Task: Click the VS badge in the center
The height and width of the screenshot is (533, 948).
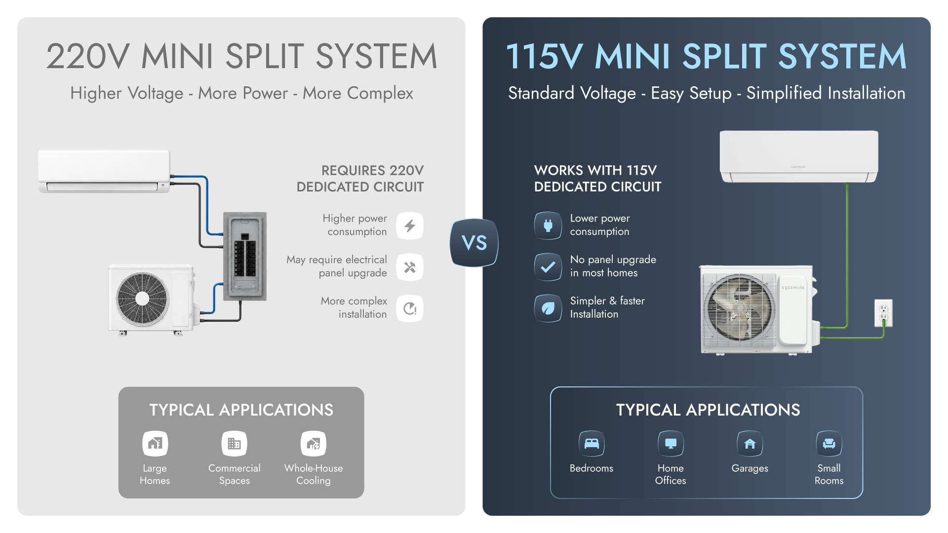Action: pyautogui.click(x=474, y=243)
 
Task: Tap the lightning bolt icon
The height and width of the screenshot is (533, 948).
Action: pyautogui.click(x=410, y=226)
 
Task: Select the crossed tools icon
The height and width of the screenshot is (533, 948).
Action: pyautogui.click(x=410, y=267)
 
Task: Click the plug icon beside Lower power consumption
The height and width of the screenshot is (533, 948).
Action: pyautogui.click(x=548, y=226)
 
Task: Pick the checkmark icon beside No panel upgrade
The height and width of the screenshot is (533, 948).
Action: pyautogui.click(x=548, y=267)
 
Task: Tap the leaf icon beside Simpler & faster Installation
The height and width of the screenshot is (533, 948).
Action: pyautogui.click(x=548, y=308)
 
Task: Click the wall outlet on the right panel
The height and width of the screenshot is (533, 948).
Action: pyautogui.click(x=883, y=313)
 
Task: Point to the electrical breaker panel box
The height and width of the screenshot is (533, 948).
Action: pyautogui.click(x=245, y=256)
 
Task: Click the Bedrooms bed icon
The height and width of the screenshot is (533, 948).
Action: pyautogui.click(x=592, y=444)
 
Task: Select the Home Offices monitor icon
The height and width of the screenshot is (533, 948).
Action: pyautogui.click(x=671, y=444)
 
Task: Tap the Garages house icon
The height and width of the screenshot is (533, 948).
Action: pyautogui.click(x=750, y=444)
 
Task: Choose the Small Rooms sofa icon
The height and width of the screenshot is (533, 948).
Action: pyautogui.click(x=829, y=444)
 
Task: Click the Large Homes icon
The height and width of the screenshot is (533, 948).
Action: pyautogui.click(x=155, y=444)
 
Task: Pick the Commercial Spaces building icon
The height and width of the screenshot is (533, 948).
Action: pyautogui.click(x=234, y=444)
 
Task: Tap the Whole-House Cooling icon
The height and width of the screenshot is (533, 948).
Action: pyautogui.click(x=314, y=444)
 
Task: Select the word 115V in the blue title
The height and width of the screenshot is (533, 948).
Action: pyautogui.click(x=544, y=56)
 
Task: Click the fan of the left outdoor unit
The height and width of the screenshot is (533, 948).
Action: pyautogui.click(x=142, y=299)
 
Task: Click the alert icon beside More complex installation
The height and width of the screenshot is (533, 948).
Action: pyautogui.click(x=410, y=308)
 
